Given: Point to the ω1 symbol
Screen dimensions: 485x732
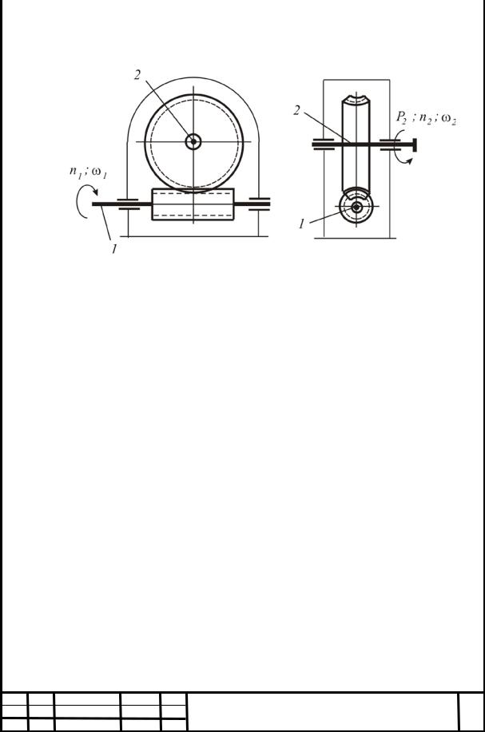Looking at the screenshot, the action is (100, 173).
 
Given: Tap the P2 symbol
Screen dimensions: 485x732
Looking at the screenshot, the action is (401, 117).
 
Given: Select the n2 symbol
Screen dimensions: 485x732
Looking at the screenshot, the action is (426, 119).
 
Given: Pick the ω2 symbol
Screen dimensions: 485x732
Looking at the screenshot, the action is (448, 120).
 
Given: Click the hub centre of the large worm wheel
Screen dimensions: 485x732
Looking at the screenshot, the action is (193, 141).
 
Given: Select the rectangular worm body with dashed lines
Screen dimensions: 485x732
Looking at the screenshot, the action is (193, 204).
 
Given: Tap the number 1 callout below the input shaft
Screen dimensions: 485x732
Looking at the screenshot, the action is (114, 249).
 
